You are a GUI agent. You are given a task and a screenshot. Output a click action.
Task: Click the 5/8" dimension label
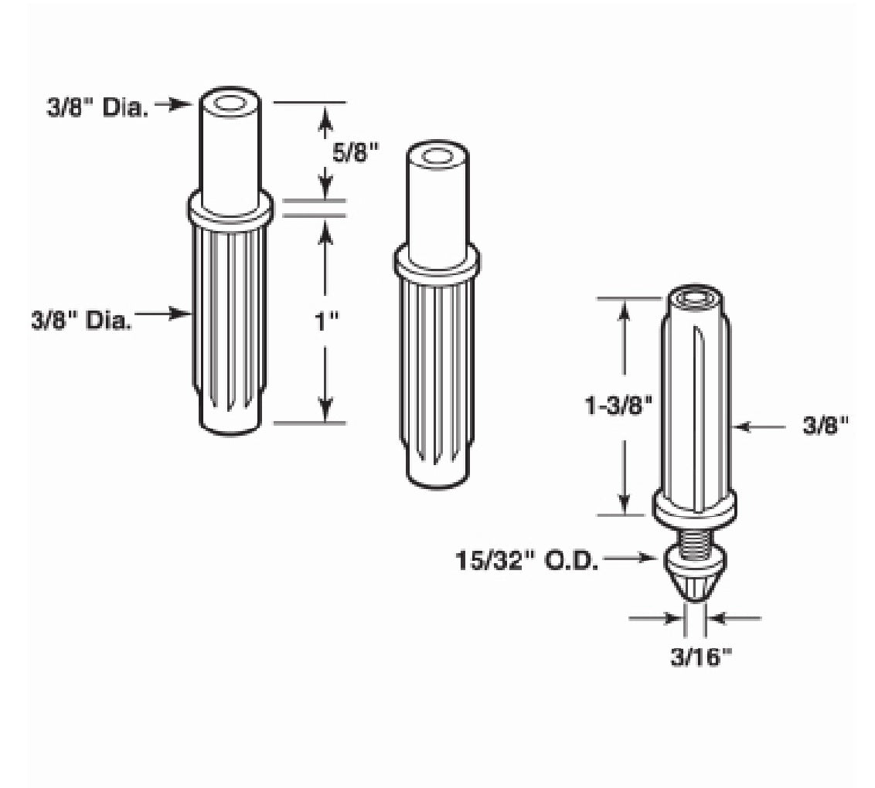pyautogui.click(x=356, y=152)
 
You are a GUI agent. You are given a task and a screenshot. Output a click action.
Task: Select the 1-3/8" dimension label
pyautogui.click(x=618, y=406)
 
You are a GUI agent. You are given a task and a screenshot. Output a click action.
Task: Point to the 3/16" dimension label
pyautogui.click(x=701, y=657)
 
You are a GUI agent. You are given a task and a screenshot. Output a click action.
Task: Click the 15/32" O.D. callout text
pyautogui.click(x=527, y=560)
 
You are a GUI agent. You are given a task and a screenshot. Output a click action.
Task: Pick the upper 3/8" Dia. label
pyautogui.click(x=97, y=107)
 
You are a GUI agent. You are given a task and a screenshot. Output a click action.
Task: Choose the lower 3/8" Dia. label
pyautogui.click(x=82, y=322)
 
